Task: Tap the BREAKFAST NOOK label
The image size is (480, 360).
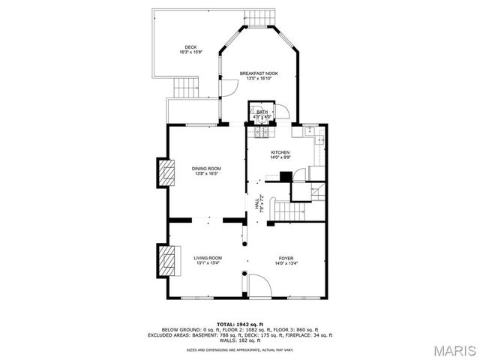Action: click(x=259, y=73)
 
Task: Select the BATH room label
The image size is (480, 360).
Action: click(x=262, y=112)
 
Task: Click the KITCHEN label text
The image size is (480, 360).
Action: click(x=280, y=152)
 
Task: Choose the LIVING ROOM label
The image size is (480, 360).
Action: click(x=208, y=257)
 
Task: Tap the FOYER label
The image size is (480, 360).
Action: click(x=286, y=257)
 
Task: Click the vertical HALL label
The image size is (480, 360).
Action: click(x=257, y=203)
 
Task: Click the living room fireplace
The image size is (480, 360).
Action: click(x=166, y=260)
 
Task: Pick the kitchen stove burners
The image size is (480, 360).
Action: click(x=262, y=133)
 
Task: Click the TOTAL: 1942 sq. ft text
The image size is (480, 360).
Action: click(x=239, y=324)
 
